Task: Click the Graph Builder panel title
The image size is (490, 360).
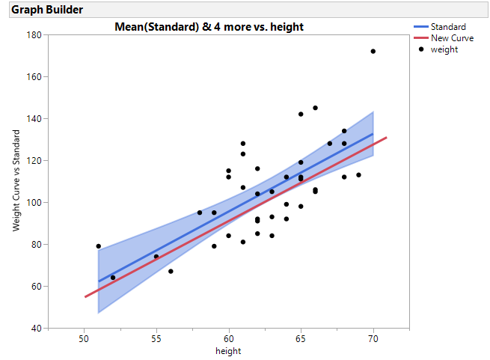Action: (47, 10)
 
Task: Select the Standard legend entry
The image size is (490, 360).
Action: (448, 27)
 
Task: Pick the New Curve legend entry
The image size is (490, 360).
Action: (452, 38)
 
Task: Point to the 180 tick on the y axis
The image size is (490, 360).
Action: (34, 34)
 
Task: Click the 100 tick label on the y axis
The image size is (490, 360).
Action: (34, 202)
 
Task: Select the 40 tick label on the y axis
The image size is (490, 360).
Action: (36, 328)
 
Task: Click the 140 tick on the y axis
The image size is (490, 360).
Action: (34, 118)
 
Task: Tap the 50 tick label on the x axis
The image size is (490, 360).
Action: (84, 339)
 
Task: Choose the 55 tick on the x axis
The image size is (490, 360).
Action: (156, 339)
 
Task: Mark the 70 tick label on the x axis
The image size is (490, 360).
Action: (373, 339)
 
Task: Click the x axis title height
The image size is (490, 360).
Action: (228, 350)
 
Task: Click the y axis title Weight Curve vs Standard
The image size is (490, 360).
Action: (16, 181)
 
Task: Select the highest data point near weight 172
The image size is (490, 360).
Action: (373, 52)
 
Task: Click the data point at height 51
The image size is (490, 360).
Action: (98, 246)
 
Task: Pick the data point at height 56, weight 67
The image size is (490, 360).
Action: (171, 271)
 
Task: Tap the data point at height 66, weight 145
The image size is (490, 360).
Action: (315, 108)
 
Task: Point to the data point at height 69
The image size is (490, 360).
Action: (358, 175)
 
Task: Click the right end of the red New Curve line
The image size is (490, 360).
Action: (387, 138)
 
